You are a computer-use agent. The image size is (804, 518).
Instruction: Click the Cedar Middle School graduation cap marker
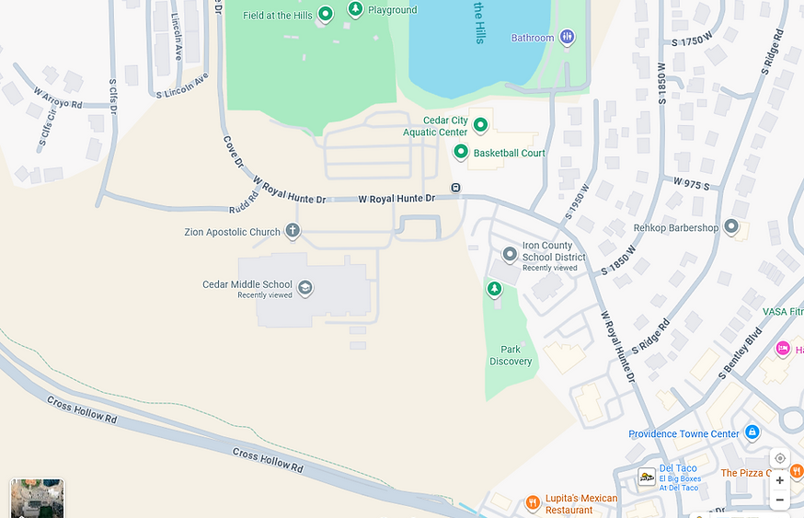(x=305, y=288)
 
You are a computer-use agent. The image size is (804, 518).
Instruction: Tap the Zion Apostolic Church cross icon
(x=293, y=231)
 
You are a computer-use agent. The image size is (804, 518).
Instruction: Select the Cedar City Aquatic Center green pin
(x=479, y=124)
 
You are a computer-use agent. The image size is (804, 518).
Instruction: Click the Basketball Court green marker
(x=461, y=152)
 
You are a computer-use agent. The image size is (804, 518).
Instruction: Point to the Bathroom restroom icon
(x=568, y=37)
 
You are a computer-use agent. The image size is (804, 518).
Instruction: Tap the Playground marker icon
(x=355, y=9)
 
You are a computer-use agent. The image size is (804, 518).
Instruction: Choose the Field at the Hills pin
(x=325, y=14)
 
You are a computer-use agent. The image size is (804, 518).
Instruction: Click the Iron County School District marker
(x=510, y=254)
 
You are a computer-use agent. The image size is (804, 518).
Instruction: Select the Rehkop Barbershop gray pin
(x=731, y=225)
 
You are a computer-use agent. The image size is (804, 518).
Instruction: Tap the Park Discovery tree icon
(x=494, y=290)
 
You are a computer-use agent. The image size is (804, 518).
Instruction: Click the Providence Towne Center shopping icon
(x=752, y=432)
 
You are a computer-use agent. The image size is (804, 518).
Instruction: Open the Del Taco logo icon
(x=647, y=477)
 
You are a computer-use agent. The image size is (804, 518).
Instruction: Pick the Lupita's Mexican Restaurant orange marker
(x=532, y=503)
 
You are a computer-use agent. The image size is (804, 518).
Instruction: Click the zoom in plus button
(x=779, y=479)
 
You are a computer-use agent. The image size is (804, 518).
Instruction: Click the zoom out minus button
(x=779, y=500)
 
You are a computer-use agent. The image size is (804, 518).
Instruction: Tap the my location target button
(x=779, y=458)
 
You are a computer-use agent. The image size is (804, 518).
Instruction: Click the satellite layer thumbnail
(x=37, y=498)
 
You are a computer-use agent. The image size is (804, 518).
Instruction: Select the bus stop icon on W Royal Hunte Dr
(x=455, y=188)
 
